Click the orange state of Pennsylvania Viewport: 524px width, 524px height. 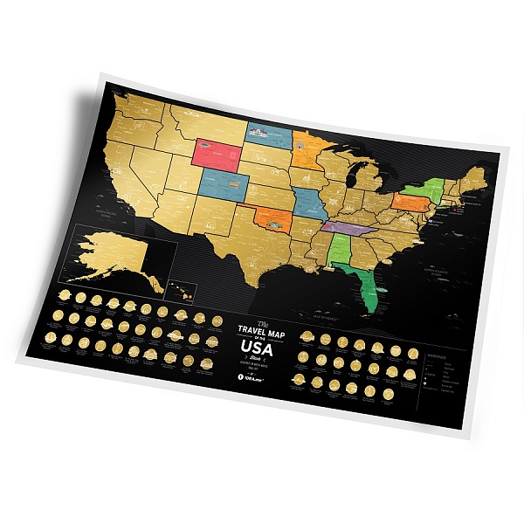point(408,203)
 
